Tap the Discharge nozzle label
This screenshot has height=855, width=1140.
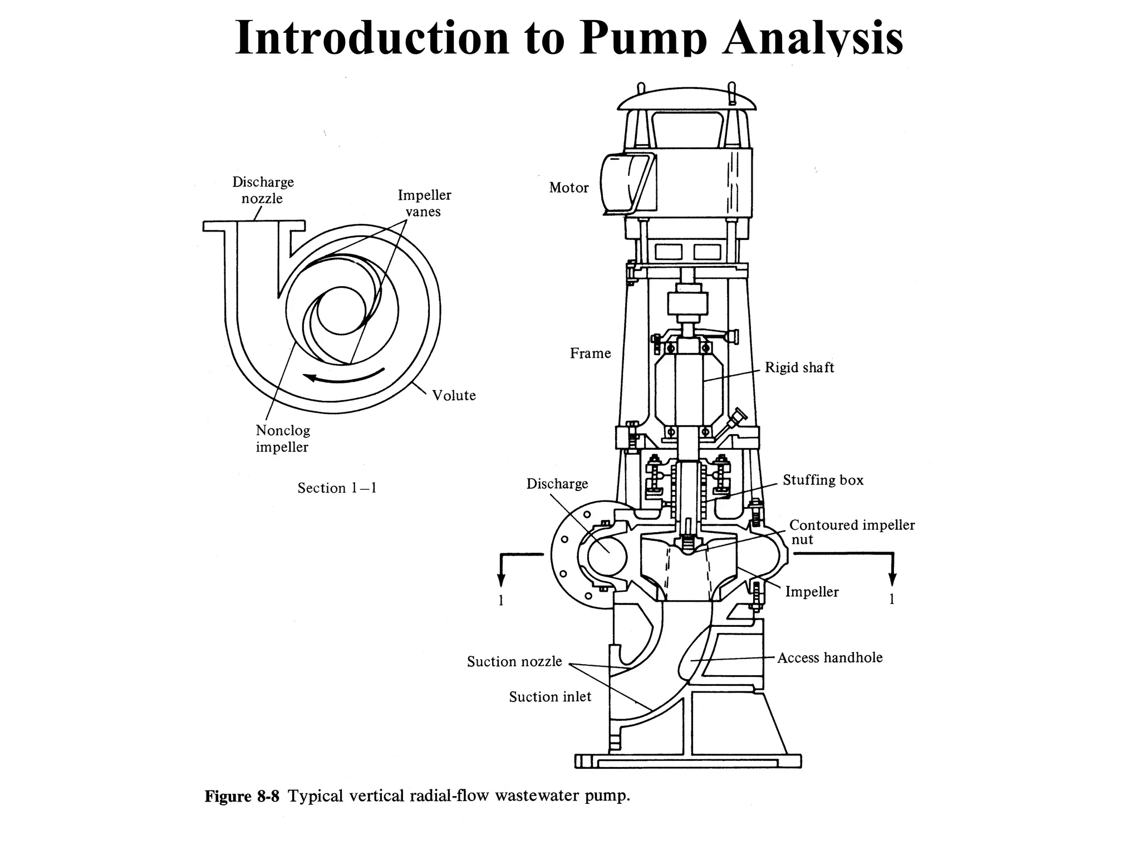coord(263,190)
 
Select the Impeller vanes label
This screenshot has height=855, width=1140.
coord(424,203)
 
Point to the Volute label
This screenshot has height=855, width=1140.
coord(454,396)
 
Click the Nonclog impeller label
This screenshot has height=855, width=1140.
coord(283,439)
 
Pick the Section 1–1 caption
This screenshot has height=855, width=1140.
coord(337,488)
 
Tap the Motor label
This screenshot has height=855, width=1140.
coord(568,188)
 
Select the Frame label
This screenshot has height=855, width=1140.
coord(590,353)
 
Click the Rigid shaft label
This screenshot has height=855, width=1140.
coord(799,367)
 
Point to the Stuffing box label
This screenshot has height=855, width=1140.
coord(823,480)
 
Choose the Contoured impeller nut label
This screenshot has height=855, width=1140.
coord(852,532)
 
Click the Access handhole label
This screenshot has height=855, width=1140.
coord(829,658)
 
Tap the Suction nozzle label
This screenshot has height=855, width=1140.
coord(514,662)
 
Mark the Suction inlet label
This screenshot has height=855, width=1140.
coord(550,697)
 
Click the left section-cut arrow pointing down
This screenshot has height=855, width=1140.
coord(501,573)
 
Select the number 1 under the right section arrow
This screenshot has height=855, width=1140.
coord(892,600)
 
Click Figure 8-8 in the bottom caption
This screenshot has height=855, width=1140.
coord(242,797)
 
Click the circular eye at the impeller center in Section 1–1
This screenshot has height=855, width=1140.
coord(341,311)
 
